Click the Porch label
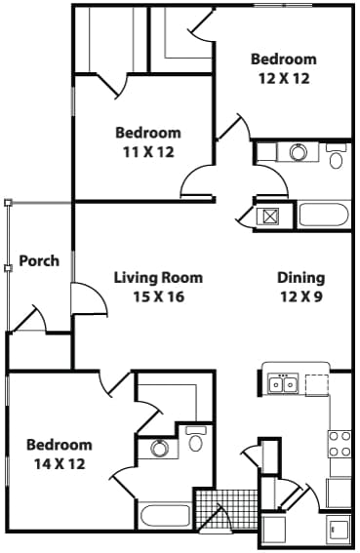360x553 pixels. [39, 260]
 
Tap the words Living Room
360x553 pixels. [148, 278]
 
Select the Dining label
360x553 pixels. [301, 278]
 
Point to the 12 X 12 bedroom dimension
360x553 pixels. [283, 78]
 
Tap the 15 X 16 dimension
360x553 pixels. [148, 296]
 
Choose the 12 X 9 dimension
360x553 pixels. [301, 296]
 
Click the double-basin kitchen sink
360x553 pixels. [283, 384]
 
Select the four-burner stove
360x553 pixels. [340, 444]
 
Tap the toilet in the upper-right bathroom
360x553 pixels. [337, 157]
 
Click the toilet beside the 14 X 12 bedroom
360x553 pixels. [195, 442]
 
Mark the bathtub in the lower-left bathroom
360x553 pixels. [166, 516]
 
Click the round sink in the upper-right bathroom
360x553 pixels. [299, 152]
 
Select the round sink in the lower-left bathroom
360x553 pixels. [159, 449]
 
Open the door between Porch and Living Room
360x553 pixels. [89, 297]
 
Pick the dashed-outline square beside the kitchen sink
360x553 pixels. [317, 384]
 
